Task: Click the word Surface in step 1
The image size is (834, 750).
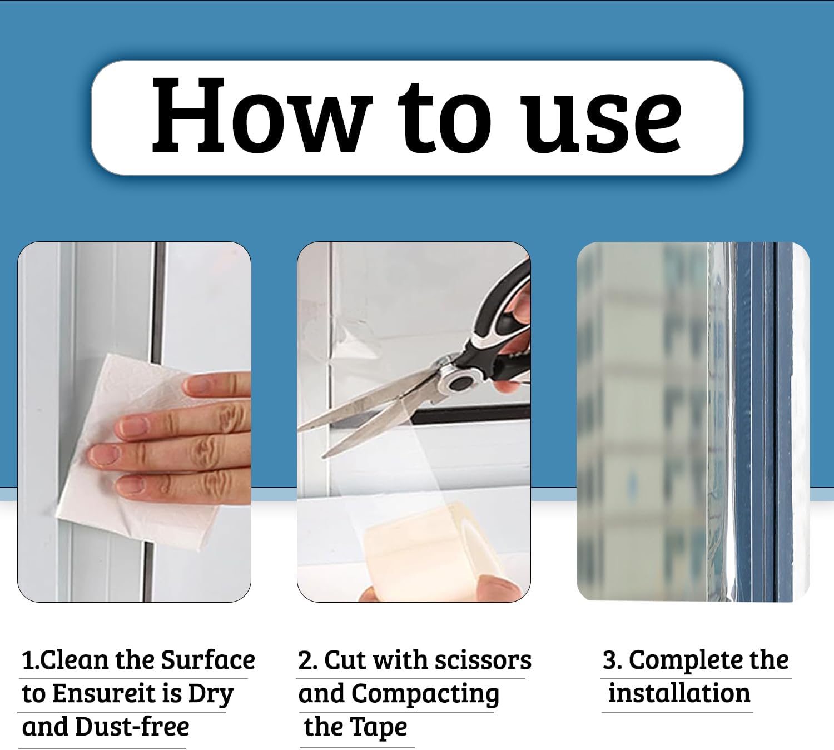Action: click(x=208, y=660)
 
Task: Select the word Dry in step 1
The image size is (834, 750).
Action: click(x=211, y=695)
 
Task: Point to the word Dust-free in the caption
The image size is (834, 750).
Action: click(x=132, y=727)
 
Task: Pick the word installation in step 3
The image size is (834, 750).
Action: click(x=679, y=694)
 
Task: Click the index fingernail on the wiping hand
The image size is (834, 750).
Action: click(x=196, y=385)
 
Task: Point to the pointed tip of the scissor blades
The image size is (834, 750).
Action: click(x=299, y=429)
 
